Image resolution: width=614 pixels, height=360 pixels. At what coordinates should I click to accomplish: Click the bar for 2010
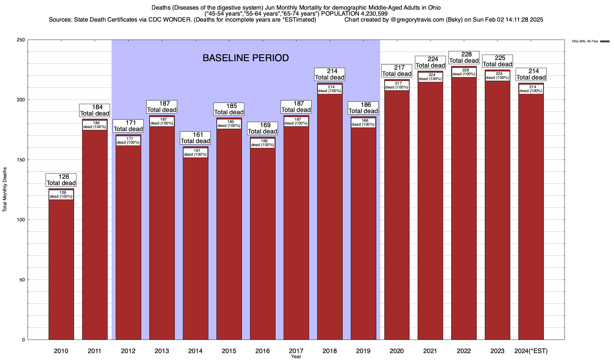[61, 270]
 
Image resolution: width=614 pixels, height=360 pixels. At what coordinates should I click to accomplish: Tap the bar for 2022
[464, 210]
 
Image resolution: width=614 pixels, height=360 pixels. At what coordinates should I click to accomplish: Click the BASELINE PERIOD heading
[246, 58]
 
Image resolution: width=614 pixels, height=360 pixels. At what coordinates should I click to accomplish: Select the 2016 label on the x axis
[262, 351]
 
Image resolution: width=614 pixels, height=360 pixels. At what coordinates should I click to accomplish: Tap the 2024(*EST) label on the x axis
[531, 351]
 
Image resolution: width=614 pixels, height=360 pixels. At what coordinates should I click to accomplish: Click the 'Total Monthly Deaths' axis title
[5, 190]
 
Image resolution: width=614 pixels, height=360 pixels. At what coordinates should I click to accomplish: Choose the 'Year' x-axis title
[296, 357]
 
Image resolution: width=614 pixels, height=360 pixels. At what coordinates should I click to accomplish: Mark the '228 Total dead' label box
[464, 58]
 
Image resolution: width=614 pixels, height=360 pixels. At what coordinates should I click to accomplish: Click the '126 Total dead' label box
[61, 180]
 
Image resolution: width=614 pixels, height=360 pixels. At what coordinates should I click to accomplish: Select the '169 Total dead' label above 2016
[262, 128]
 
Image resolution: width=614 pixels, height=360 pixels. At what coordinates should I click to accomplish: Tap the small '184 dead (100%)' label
[95, 125]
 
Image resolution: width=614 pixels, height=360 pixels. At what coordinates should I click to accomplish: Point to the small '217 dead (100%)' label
[397, 85]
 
